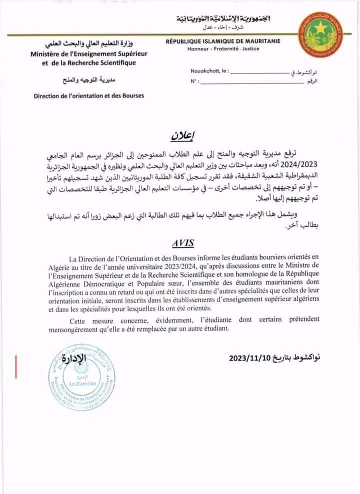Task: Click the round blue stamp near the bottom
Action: pyautogui.click(x=81, y=375)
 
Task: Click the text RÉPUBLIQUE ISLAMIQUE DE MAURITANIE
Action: pyautogui.click(x=222, y=42)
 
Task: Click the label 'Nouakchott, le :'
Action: pyautogui.click(x=209, y=71)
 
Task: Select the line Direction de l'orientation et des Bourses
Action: pyautogui.click(x=88, y=95)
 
